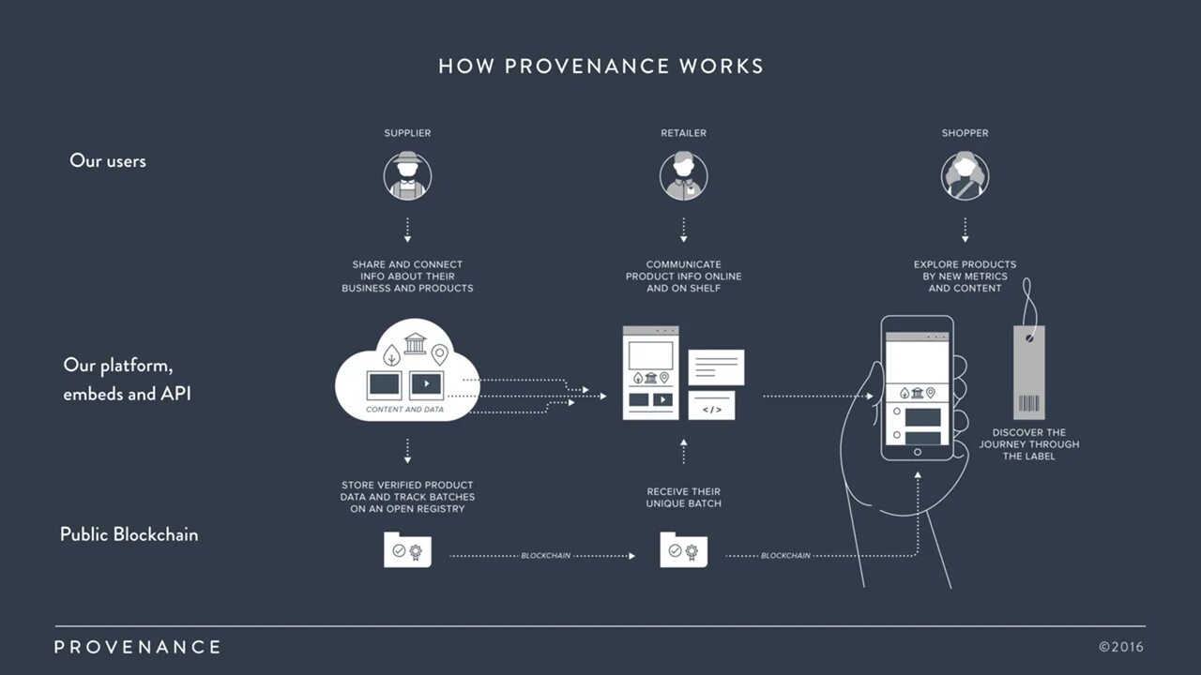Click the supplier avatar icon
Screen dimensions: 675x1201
[407, 175]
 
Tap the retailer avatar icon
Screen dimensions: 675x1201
[683, 175]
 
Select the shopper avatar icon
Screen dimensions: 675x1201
[965, 175]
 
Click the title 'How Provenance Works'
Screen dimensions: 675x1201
[600, 67]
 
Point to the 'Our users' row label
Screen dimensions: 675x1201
[108, 160]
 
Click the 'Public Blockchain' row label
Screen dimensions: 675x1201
[129, 534]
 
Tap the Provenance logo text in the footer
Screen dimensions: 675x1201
[137, 647]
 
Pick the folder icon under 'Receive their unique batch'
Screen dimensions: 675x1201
[683, 550]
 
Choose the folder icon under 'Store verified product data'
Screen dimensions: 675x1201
[407, 550]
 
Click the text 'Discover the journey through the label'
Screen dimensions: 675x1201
[1028, 444]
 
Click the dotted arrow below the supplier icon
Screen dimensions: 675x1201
[407, 229]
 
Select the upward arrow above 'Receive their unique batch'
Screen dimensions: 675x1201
[683, 451]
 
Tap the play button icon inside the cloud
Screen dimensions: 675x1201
[426, 383]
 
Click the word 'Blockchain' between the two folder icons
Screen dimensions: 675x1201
[545, 556]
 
